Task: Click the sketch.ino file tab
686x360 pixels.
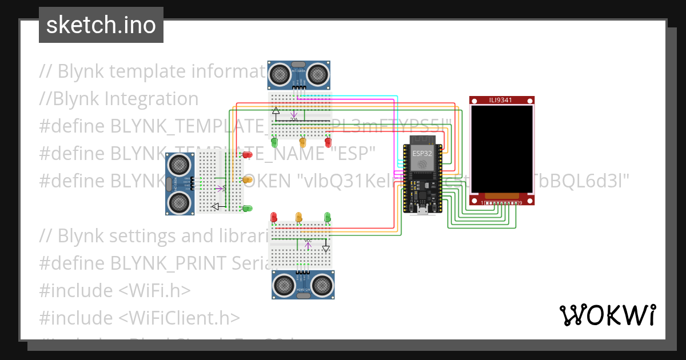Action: [x=101, y=25]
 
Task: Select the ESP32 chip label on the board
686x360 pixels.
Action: [x=421, y=153]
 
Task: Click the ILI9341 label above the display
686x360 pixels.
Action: [x=501, y=100]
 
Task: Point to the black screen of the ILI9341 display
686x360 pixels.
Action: [x=502, y=150]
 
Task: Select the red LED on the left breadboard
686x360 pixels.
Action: [x=248, y=154]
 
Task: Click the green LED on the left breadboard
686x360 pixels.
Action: [x=248, y=208]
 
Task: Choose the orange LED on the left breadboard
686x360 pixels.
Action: [x=248, y=180]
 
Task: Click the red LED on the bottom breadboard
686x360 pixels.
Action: [x=274, y=217]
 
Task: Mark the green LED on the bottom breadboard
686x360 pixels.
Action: [x=328, y=217]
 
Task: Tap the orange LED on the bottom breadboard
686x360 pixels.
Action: [x=298, y=217]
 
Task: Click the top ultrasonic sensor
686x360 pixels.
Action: [x=300, y=74]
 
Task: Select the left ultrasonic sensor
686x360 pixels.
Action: [x=180, y=183]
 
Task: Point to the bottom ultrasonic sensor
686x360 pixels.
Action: [x=303, y=285]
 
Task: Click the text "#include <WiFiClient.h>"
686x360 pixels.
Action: [x=139, y=317]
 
